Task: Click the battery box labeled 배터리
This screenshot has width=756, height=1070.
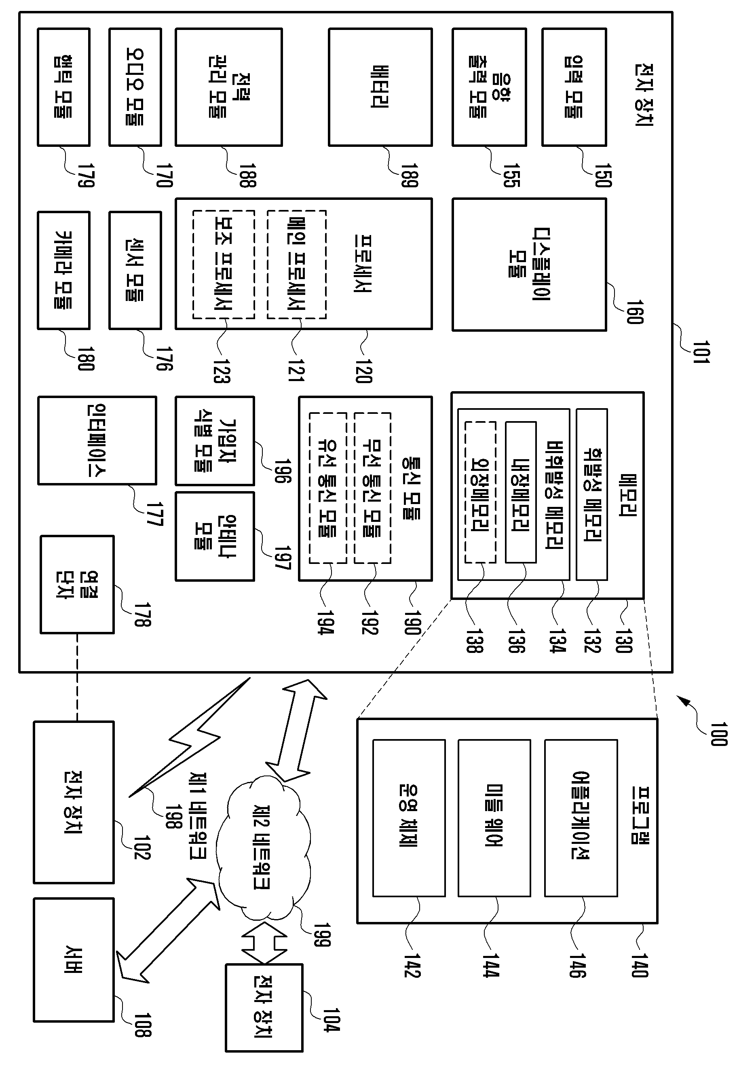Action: point(380,87)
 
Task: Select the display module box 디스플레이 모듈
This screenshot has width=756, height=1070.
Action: point(529,265)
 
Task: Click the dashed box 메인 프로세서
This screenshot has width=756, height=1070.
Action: point(296,265)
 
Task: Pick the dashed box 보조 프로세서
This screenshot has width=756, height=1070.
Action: point(224,265)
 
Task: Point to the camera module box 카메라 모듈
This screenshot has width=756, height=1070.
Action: point(63,270)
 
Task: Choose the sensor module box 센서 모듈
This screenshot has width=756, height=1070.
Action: point(135,270)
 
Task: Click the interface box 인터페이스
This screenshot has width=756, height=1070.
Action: point(97,441)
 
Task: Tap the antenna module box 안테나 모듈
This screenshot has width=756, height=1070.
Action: point(215,536)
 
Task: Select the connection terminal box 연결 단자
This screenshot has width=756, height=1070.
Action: point(77,585)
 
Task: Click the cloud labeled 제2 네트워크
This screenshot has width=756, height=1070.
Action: point(263,847)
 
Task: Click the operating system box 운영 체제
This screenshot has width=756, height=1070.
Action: point(409,818)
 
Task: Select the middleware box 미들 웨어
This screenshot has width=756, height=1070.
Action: point(494,818)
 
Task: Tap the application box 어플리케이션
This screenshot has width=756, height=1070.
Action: point(581,818)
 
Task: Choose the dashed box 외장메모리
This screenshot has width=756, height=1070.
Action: point(480,493)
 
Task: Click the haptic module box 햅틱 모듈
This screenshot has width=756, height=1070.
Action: point(63,87)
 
